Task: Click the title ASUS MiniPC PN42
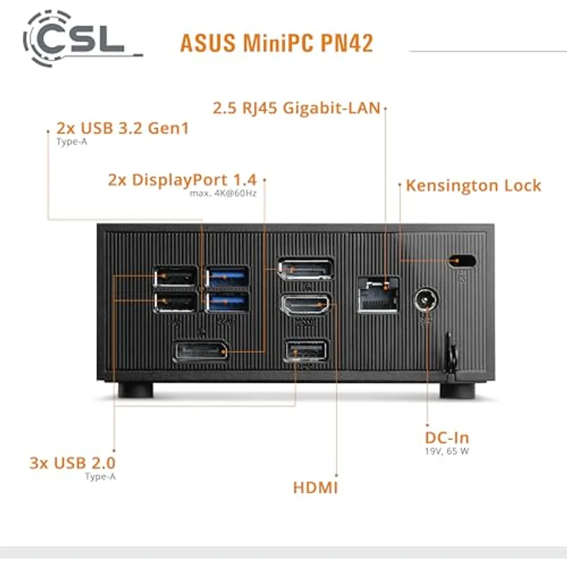(x=277, y=43)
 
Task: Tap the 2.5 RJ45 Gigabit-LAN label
(x=296, y=108)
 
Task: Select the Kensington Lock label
(x=473, y=186)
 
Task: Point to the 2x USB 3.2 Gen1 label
(x=122, y=128)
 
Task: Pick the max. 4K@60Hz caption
(x=223, y=193)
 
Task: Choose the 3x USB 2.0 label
(x=78, y=463)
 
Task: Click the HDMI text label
(x=315, y=487)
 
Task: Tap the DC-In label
(x=447, y=438)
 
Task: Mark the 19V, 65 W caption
(x=447, y=451)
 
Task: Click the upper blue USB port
(x=227, y=276)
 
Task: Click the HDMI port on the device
(x=306, y=306)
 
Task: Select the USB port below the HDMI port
(x=306, y=352)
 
